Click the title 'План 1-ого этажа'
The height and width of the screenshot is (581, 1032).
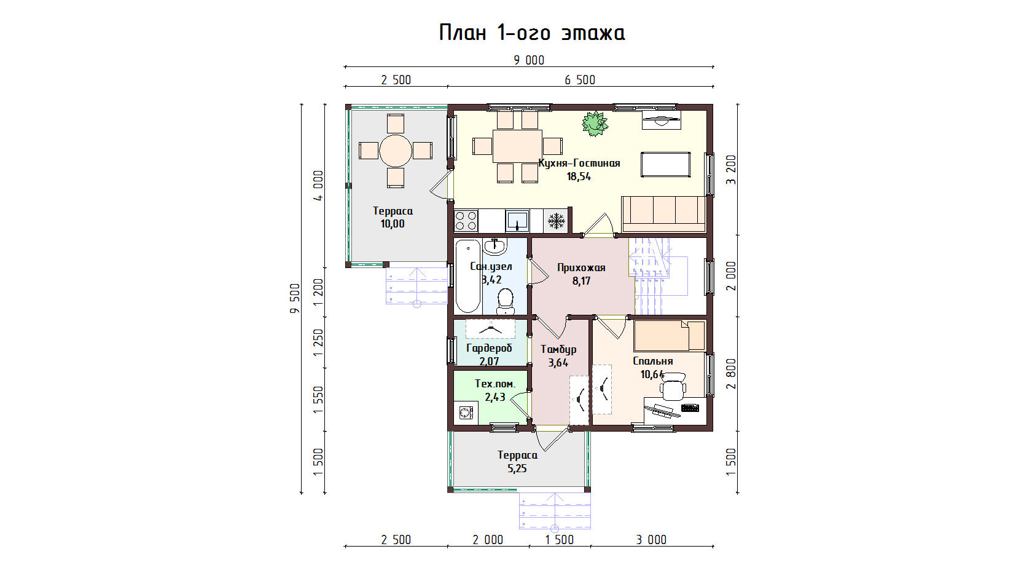pos(532,33)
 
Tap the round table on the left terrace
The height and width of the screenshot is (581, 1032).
pos(396,151)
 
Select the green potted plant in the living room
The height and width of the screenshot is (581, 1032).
pos(595,124)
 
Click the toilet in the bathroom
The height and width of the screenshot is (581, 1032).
pos(506,301)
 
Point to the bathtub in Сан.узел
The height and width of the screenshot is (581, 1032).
pos(468,276)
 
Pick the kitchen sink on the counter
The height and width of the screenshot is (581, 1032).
pos(517,221)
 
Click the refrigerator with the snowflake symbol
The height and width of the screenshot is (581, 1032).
pos(556,221)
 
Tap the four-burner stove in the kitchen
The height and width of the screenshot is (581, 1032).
pos(466,221)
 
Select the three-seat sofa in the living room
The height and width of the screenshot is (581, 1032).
pos(663,214)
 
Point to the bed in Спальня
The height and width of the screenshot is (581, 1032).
pos(670,336)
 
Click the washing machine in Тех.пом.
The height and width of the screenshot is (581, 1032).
pos(466,412)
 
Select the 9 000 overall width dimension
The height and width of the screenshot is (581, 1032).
pos(529,60)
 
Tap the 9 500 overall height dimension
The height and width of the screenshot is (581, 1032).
pos(295,298)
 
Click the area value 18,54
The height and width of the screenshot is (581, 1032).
pos(579,176)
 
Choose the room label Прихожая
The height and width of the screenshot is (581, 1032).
pos(581,267)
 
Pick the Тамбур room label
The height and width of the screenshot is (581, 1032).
pos(558,350)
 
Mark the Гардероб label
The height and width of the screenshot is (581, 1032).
pos(489,348)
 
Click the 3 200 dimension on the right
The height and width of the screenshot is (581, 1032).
pos(731,170)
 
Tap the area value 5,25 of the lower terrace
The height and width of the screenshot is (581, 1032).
pos(517,468)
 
